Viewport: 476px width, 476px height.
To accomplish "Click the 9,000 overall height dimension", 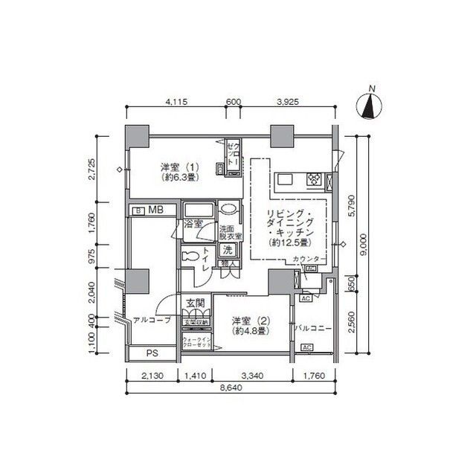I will click(363, 245).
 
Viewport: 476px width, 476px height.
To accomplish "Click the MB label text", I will click(155, 211).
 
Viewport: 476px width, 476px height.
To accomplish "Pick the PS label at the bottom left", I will click(151, 353).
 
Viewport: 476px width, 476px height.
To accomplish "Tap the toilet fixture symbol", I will click(190, 256).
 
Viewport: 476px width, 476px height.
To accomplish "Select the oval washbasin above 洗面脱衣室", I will click(229, 210).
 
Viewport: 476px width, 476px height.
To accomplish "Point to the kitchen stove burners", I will click(315, 178).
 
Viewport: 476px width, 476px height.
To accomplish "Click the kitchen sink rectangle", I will click(287, 178).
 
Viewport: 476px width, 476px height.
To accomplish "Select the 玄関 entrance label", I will click(196, 302).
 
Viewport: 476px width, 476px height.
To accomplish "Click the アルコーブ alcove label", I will click(152, 321).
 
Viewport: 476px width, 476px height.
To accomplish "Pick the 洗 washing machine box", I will click(228, 249).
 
